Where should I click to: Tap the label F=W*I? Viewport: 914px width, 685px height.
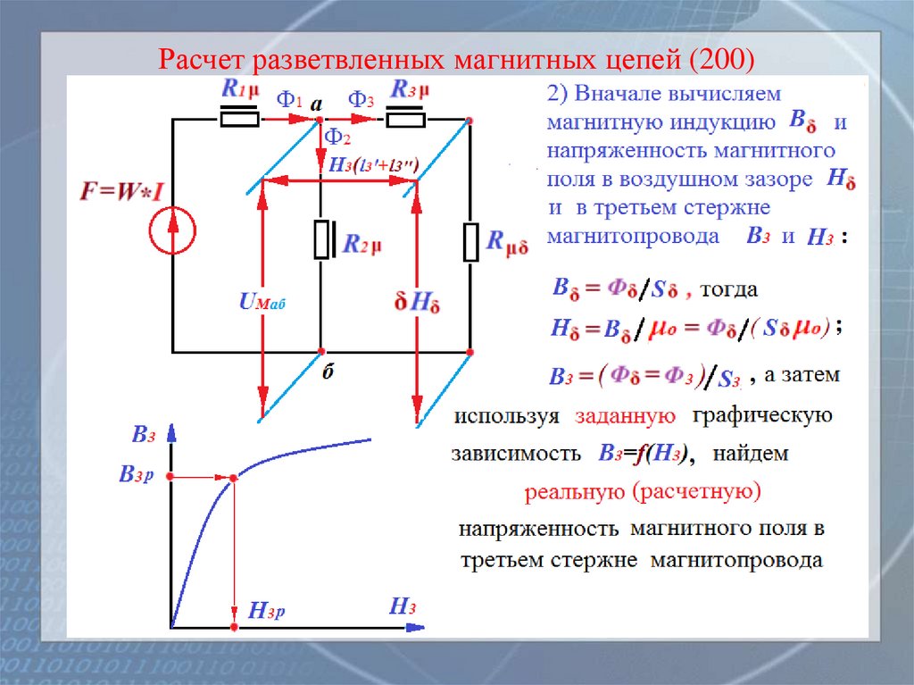pyautogui.click(x=119, y=193)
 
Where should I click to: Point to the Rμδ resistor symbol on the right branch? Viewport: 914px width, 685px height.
pyautogui.click(x=469, y=243)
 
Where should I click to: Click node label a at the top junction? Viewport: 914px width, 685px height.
pyautogui.click(x=316, y=103)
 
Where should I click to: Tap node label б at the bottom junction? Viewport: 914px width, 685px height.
pyautogui.click(x=328, y=372)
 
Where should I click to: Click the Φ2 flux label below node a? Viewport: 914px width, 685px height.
pyautogui.click(x=337, y=137)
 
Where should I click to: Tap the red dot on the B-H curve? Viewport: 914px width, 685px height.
pyautogui.click(x=234, y=480)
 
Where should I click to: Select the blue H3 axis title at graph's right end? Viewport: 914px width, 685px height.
pyautogui.click(x=403, y=608)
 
